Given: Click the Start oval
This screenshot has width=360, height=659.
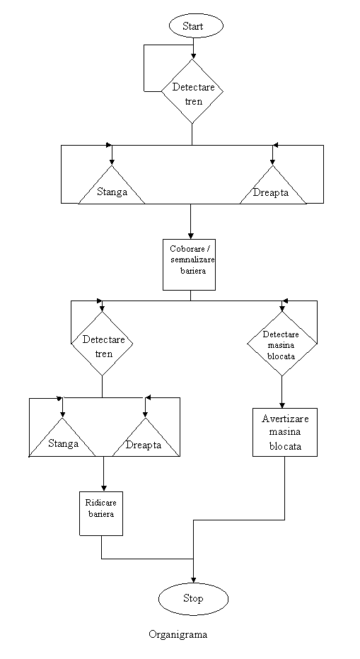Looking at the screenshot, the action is [x=196, y=26].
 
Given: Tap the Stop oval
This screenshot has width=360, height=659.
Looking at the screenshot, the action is [x=194, y=598].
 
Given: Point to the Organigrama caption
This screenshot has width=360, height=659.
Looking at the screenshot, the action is [x=178, y=634].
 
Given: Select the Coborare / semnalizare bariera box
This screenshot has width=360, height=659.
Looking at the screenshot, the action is [x=190, y=264].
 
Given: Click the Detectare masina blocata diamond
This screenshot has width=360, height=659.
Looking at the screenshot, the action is [x=281, y=344].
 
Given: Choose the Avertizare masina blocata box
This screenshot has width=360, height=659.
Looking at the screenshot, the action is [x=285, y=432].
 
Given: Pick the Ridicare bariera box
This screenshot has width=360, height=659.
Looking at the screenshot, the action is [x=101, y=513].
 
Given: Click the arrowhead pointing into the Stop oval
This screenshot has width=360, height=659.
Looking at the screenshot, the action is [x=194, y=580].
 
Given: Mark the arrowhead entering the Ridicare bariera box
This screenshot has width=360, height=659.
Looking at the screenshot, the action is [x=103, y=488].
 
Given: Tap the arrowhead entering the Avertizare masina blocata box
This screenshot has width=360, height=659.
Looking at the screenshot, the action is [x=281, y=404].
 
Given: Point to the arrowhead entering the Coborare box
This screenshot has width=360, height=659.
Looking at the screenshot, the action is [x=190, y=235].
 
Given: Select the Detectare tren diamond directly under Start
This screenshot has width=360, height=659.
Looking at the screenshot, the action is [x=192, y=91].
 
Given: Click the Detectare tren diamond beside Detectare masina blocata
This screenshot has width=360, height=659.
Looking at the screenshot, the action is [x=102, y=344].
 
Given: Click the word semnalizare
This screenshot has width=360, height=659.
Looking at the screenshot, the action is [x=192, y=259].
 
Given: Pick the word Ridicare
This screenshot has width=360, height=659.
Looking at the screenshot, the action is [x=101, y=503].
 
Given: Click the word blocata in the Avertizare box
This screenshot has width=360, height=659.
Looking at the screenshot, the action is [x=285, y=446].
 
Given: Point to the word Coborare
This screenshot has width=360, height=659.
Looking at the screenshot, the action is [x=187, y=249].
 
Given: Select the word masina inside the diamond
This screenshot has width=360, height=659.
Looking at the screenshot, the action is [x=281, y=346].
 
